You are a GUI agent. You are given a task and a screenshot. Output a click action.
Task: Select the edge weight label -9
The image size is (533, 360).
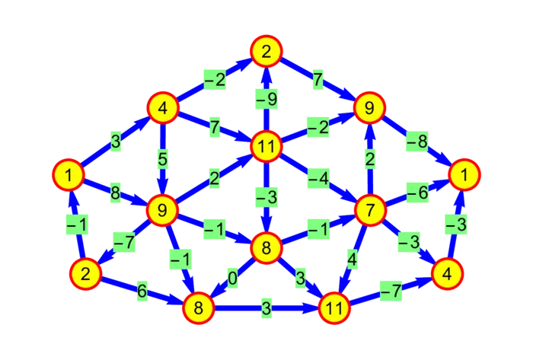266,98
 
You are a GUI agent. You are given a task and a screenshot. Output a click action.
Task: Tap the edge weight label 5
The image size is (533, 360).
161,160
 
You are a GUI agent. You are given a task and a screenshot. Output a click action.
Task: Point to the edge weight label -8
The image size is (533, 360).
417,142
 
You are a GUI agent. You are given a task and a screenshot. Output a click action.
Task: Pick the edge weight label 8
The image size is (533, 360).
115,193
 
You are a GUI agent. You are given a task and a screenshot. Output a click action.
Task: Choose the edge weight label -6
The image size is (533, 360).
417,193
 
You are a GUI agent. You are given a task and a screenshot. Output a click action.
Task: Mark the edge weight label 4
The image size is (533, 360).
352,259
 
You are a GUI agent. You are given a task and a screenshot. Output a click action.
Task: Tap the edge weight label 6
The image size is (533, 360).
142,291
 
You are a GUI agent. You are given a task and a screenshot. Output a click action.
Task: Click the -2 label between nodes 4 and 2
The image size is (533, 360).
215,79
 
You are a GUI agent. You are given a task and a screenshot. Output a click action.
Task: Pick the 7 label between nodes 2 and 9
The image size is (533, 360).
318,79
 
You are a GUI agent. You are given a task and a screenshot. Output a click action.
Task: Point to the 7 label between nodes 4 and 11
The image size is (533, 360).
215,126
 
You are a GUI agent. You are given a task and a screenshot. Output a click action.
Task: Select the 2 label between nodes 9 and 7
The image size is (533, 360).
370,160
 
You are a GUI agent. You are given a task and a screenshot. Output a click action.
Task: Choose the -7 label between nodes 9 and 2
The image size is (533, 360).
123,242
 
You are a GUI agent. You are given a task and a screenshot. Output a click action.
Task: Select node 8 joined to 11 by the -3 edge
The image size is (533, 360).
266,247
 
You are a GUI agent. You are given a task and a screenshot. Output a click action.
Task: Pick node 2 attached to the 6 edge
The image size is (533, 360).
86,273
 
